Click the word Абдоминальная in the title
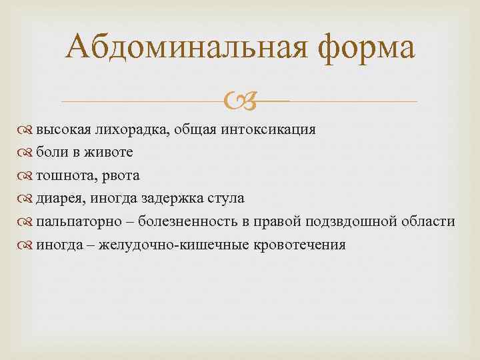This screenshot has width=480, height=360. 178,49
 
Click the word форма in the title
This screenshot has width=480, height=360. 357,49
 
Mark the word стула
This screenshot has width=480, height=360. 227,199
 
